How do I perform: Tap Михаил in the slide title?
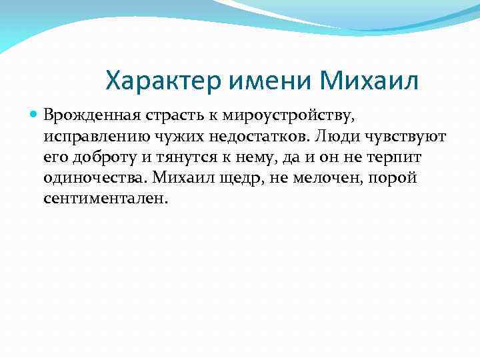(x=369, y=81)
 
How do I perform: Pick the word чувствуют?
(x=407, y=137)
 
